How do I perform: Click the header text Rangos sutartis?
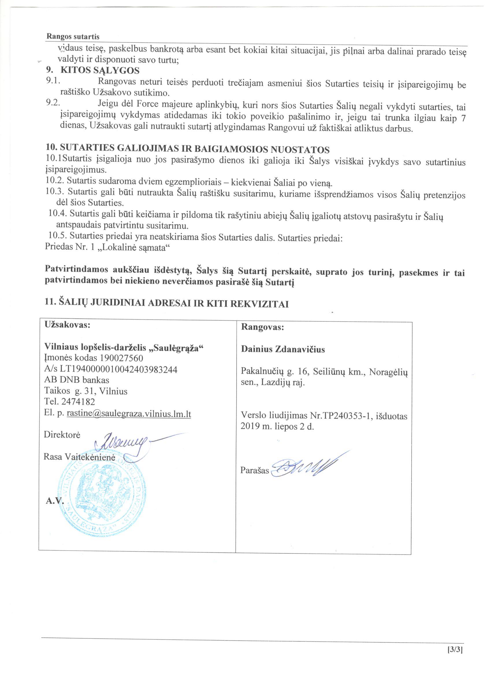point(73,37)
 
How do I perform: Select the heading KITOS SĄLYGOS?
point(100,71)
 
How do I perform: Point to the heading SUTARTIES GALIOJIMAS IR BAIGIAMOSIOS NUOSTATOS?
point(187,149)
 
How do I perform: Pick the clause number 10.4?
point(59,213)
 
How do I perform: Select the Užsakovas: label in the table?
point(67,325)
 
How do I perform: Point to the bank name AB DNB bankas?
point(77,380)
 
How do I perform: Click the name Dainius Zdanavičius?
point(283,349)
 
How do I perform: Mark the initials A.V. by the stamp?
point(55,501)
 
